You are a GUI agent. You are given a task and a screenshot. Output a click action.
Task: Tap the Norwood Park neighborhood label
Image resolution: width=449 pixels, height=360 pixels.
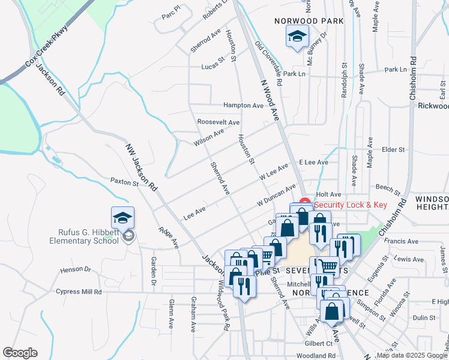pyautogui.click(x=309, y=21)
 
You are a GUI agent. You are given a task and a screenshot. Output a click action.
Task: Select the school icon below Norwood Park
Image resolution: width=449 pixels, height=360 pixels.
pyautogui.click(x=297, y=37)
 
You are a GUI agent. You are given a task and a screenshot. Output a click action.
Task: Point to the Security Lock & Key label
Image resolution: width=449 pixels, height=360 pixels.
pyautogui.click(x=351, y=205)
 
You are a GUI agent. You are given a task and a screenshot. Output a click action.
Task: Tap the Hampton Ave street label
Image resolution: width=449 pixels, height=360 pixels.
pyautogui.click(x=243, y=105)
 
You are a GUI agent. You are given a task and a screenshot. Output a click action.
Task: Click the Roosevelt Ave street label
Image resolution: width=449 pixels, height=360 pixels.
pyautogui.click(x=218, y=122)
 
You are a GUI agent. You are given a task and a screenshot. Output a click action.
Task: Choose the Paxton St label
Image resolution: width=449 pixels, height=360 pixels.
pyautogui.click(x=125, y=181)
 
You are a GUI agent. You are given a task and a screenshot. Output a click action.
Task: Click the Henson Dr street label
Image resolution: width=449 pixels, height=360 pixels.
pyautogui.click(x=74, y=270)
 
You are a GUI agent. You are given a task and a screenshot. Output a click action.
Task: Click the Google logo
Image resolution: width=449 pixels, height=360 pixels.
pyautogui.click(x=20, y=353)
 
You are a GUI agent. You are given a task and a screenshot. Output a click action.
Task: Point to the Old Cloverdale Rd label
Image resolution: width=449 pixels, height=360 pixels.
pyautogui.click(x=268, y=63)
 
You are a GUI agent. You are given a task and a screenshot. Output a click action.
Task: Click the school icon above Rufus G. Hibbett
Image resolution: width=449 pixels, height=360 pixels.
pyautogui.click(x=122, y=217)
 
